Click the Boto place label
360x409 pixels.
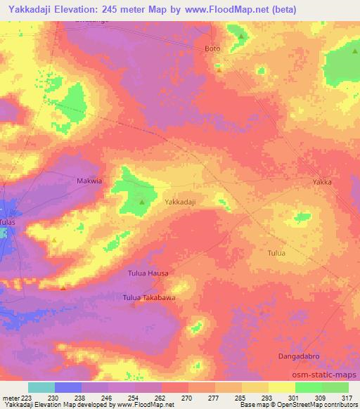point(212,48)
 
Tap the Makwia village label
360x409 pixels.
point(89,181)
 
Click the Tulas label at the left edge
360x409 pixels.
point(7,222)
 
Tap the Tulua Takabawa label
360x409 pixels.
point(149,298)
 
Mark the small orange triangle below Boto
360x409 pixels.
point(219,70)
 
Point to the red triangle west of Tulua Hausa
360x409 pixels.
point(63,286)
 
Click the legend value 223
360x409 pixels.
point(25,398)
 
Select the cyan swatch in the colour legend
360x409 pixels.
point(41,387)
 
